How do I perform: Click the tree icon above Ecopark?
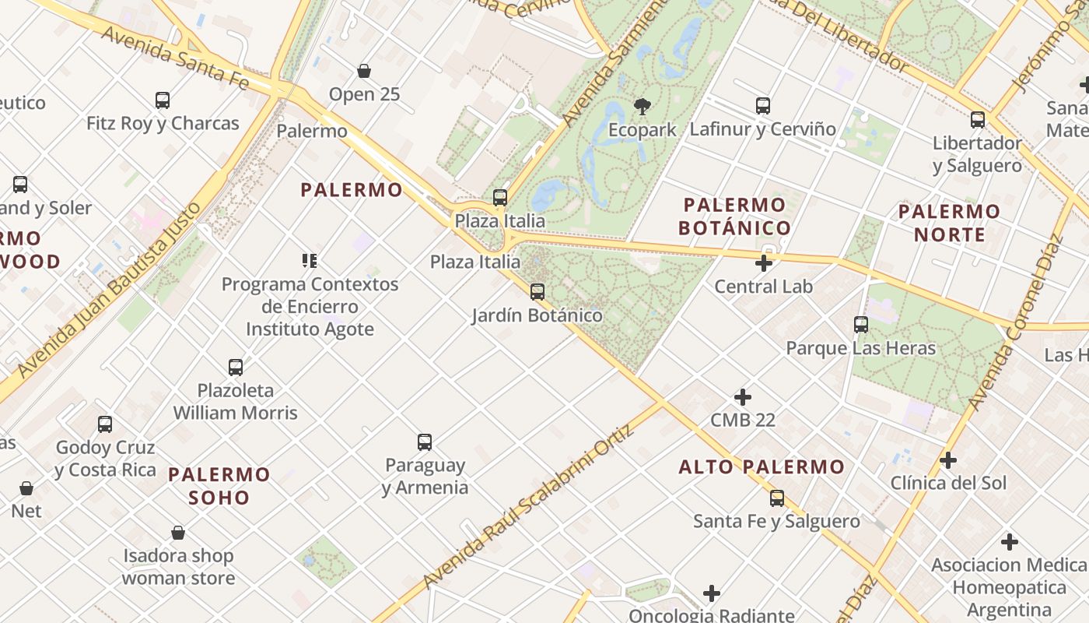tap(642, 106)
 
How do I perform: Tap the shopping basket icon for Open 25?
tap(364, 72)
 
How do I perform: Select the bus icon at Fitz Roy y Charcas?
tap(163, 100)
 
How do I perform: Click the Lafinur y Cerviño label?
tap(762, 129)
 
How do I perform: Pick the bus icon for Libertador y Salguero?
tap(978, 120)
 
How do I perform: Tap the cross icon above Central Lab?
tap(764, 263)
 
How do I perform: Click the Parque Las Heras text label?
tap(860, 348)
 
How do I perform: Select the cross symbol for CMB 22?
tap(743, 397)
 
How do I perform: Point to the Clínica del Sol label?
tap(948, 483)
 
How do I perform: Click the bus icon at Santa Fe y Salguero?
tap(777, 498)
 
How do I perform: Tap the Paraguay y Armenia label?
tap(425, 477)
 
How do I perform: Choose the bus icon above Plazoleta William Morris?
tap(236, 368)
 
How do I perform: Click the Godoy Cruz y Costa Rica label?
tap(105, 459)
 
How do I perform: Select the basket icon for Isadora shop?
tap(178, 533)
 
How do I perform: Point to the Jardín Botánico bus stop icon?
tap(537, 292)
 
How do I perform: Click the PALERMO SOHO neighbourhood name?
tap(219, 485)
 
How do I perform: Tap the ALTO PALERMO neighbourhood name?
tap(762, 467)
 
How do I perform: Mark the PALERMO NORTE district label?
tap(949, 223)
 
